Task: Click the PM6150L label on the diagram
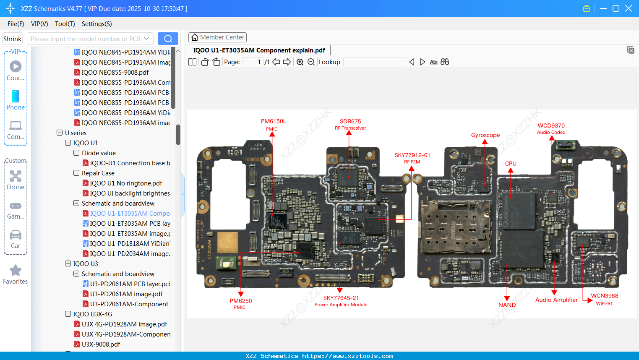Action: point(273,121)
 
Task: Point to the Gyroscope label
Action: point(485,135)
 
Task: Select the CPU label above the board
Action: point(511,164)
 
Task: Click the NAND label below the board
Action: point(507,305)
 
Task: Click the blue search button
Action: point(168,39)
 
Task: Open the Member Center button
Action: point(217,37)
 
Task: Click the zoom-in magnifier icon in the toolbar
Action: point(300,62)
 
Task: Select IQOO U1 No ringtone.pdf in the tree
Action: point(126,183)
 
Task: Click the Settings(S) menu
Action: point(97,24)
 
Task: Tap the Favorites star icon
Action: point(16,271)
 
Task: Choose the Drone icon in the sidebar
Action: point(16,176)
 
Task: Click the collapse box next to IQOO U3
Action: point(68,264)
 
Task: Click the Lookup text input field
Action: point(374,62)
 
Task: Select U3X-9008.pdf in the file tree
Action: point(101,344)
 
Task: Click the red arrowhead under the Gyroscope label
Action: point(485,142)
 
